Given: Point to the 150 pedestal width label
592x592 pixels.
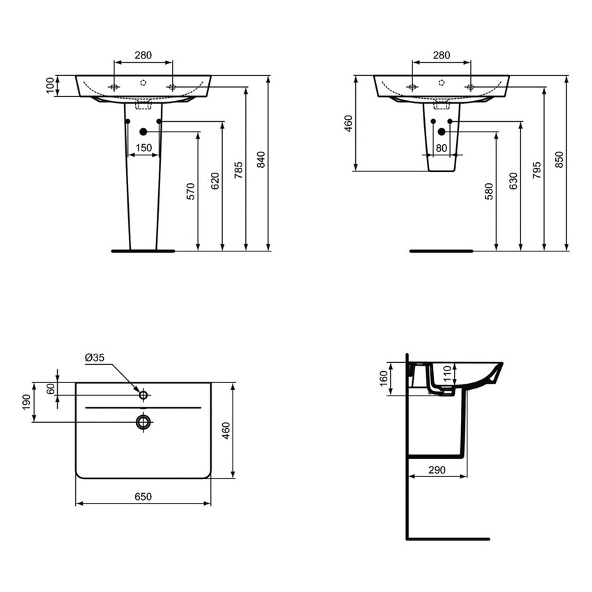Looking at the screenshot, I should pos(143,148).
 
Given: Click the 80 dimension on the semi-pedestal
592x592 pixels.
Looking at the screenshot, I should pos(442,148).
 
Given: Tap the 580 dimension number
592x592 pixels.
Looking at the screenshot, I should pos(488,192).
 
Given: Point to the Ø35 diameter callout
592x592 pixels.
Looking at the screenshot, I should pos(94,358).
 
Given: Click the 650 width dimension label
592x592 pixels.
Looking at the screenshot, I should pos(142,497).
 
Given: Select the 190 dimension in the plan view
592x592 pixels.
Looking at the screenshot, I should pos(26,402).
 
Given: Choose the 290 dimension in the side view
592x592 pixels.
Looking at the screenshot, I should pos(436,471).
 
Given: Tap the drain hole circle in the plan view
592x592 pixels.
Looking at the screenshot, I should pos(143,421).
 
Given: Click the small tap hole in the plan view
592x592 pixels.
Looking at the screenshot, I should pos(143,395).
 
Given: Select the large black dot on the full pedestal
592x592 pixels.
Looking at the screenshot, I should pos(143,132).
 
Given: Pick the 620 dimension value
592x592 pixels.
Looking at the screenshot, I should pos(215,181).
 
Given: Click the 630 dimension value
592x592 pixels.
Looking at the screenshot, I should pos(513,182).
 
